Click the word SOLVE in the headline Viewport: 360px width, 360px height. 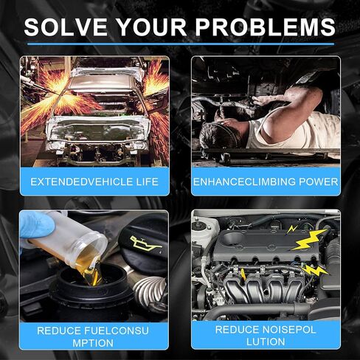(x=66, y=27)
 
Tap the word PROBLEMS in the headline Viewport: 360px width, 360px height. (x=266, y=27)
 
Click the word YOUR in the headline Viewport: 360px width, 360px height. (x=152, y=27)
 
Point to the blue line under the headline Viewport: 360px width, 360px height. (x=181, y=44)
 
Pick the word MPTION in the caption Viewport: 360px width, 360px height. (x=93, y=343)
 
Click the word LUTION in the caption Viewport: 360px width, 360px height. (x=266, y=342)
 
